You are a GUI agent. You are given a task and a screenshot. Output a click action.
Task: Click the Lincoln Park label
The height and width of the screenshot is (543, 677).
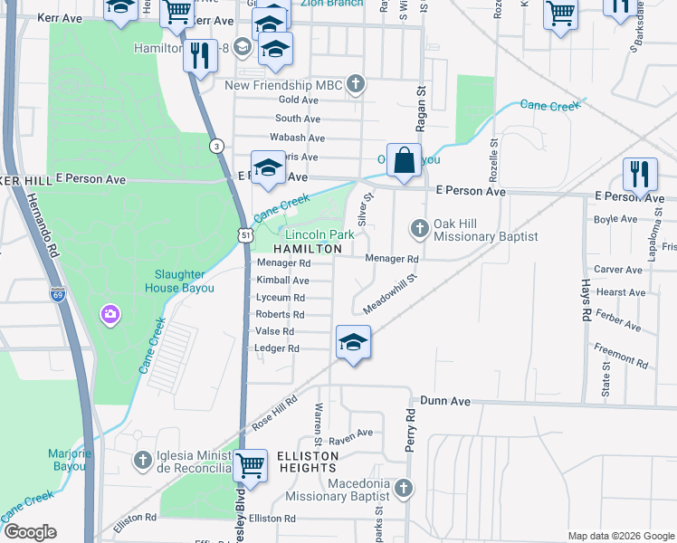(319, 233)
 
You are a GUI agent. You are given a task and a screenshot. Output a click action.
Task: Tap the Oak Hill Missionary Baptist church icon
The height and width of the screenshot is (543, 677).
(419, 227)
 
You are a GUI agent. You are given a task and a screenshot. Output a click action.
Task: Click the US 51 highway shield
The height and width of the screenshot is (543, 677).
(245, 233)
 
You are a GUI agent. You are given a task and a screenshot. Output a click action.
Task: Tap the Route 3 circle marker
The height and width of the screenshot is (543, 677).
(215, 145)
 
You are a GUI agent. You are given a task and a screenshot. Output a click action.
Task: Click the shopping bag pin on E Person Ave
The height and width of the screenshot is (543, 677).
(404, 161)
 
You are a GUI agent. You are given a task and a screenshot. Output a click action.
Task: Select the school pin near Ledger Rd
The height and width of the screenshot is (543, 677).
(353, 343)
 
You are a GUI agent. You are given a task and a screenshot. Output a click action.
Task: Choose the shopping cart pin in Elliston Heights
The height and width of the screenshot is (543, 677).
(251, 467)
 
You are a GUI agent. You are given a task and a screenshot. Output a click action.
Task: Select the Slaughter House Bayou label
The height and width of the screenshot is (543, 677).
(179, 281)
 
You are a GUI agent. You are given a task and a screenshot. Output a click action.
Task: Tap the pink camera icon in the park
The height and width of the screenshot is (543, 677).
(110, 314)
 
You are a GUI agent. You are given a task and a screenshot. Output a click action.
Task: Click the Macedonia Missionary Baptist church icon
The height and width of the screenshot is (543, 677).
(403, 489)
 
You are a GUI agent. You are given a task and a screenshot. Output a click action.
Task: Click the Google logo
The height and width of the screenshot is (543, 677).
(31, 532)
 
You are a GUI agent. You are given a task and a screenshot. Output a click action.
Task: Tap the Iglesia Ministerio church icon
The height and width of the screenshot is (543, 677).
(142, 461)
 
